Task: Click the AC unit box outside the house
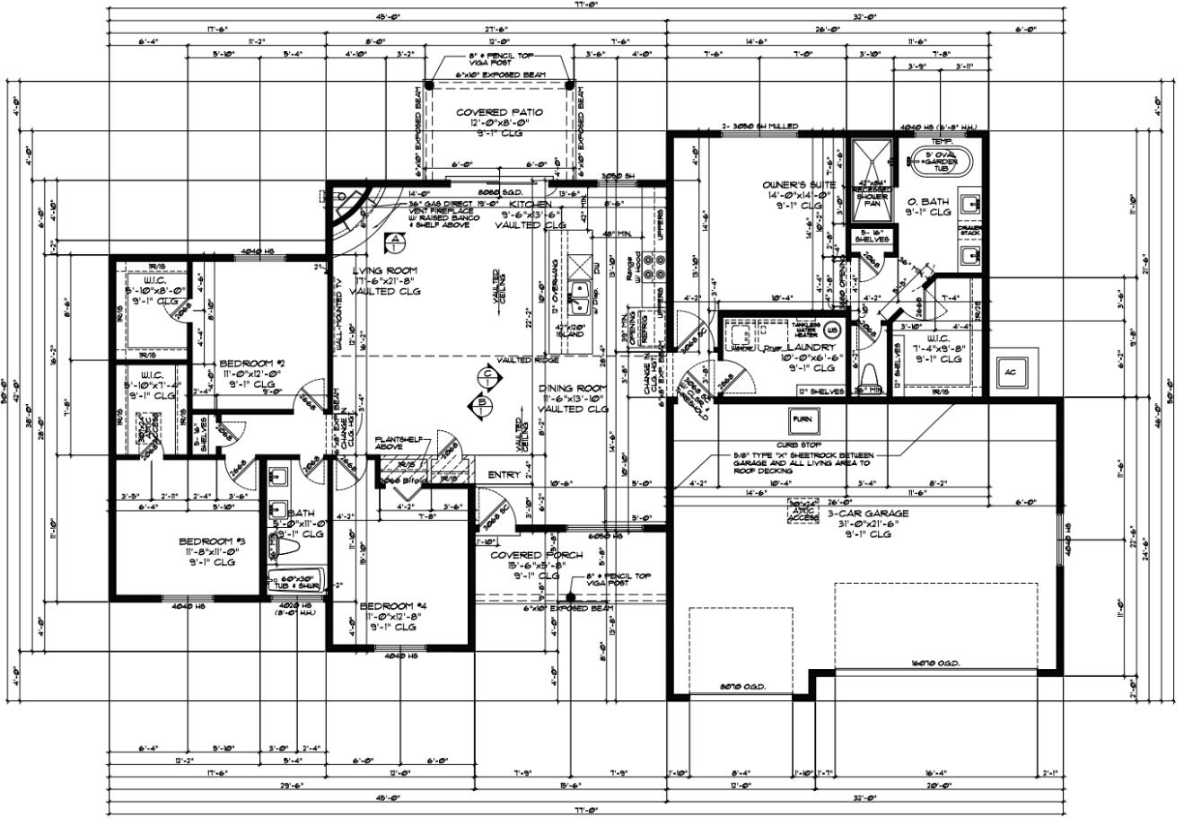point(1010,372)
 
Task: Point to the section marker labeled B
point(484,404)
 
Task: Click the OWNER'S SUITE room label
point(787,185)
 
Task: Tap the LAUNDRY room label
point(811,348)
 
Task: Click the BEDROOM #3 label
point(211,541)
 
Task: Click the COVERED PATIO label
point(499,113)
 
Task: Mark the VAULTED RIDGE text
point(529,360)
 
